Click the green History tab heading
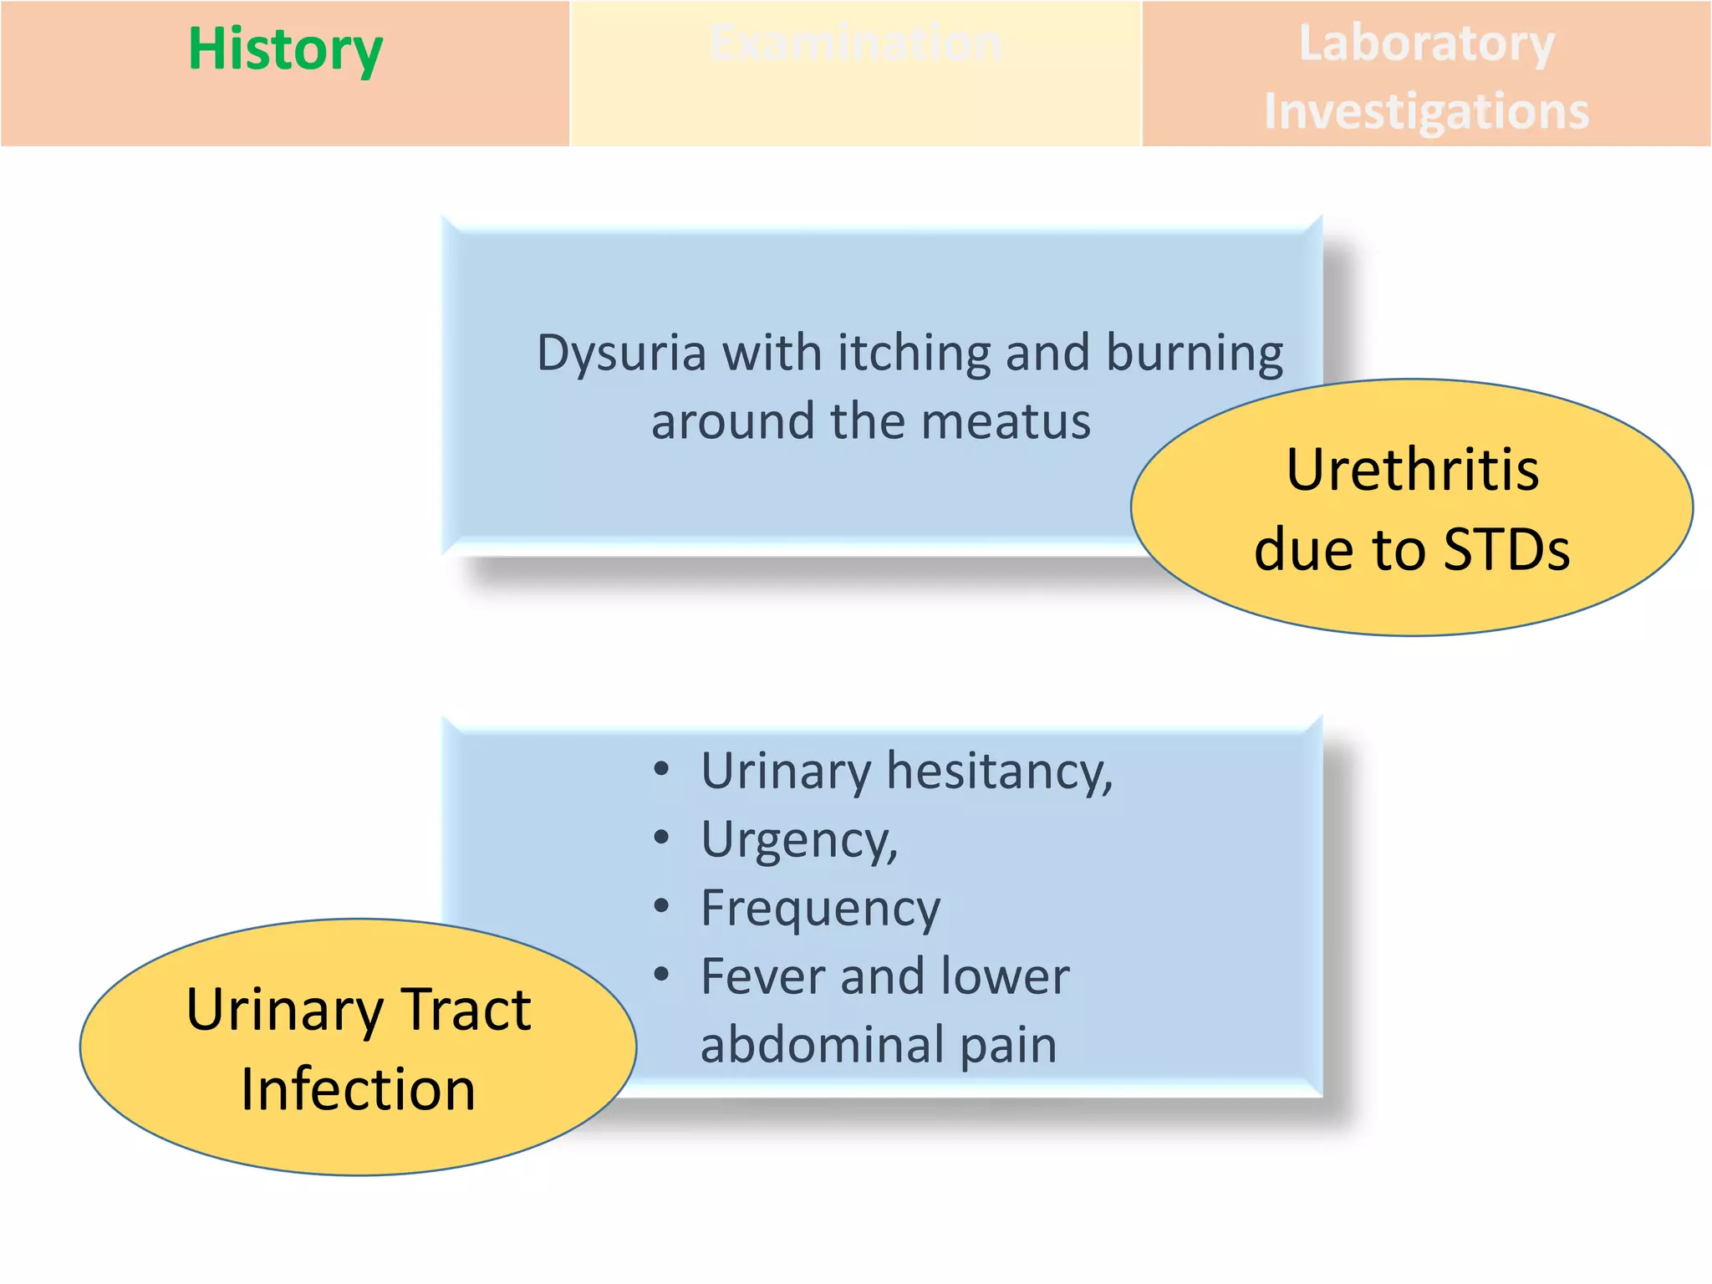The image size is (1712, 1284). pos(285,50)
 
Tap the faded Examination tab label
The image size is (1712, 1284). pos(855,43)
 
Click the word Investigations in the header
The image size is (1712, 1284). pos(1426,111)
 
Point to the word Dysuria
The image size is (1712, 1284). pos(621,354)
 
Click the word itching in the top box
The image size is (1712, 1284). pos(914,354)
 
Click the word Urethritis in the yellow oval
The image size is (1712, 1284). pos(1412,470)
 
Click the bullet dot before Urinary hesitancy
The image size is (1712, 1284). pos(661,768)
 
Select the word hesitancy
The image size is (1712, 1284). pos(999,771)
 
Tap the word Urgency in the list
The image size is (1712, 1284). pos(799,839)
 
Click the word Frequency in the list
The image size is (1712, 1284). pos(820,909)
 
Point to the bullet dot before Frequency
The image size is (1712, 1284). pos(661,905)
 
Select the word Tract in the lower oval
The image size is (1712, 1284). pos(466,1010)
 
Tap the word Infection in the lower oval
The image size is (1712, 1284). pos(358,1090)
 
